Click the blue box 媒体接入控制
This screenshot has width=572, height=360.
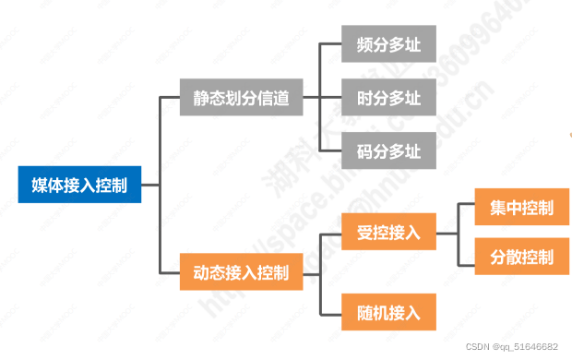[79, 185]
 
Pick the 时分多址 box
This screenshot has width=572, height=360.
[382, 99]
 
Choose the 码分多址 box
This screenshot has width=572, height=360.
[382, 150]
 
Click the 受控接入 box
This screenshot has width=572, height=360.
[382, 232]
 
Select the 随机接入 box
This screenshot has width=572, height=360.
[382, 312]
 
